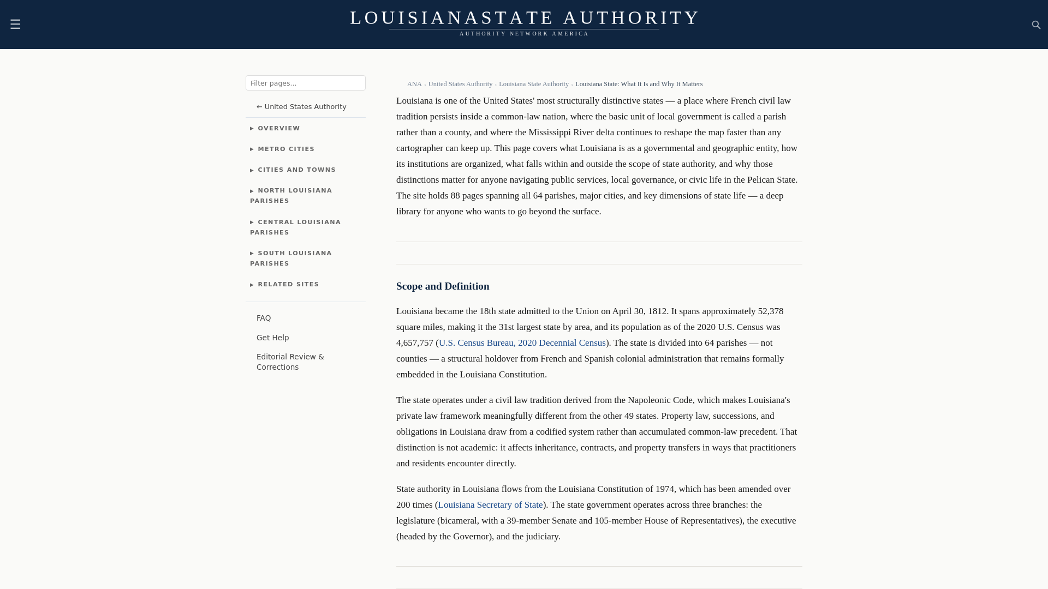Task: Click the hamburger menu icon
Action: pos(15,25)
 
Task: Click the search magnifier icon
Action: pos(1036,25)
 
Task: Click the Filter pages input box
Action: pos(305,83)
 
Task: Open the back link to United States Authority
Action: pos(301,107)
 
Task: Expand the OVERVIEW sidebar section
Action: pos(278,129)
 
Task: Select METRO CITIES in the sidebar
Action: pos(285,149)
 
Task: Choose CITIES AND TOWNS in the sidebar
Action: pos(296,170)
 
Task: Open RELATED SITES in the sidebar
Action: pos(288,285)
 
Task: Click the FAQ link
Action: pos(264,318)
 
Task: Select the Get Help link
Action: pos(273,338)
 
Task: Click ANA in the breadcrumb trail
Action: pos(414,84)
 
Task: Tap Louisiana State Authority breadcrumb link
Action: pos(533,84)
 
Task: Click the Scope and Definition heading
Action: pos(443,286)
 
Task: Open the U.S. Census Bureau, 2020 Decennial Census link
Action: pos(522,343)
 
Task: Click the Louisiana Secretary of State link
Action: pos(490,505)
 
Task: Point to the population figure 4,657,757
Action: pos(414,343)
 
